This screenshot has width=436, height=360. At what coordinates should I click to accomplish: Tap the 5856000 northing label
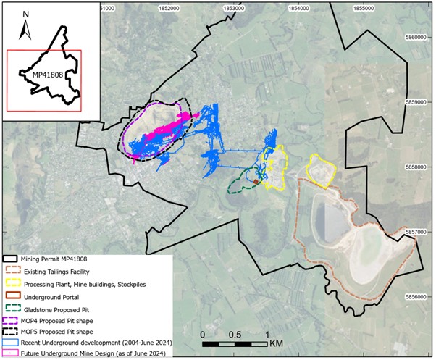420,296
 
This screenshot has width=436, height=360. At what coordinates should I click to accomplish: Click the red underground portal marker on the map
256,182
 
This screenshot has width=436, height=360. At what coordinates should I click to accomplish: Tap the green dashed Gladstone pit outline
230,186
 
